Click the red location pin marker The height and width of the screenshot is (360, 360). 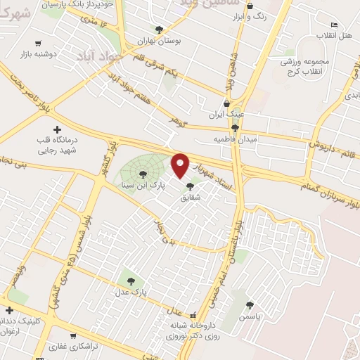coord(181,165)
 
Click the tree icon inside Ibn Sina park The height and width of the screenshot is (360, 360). coord(143,172)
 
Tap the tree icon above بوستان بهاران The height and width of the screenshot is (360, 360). coord(159,30)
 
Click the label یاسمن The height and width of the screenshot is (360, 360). coord(250,317)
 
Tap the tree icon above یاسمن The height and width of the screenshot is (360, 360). coord(250,305)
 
